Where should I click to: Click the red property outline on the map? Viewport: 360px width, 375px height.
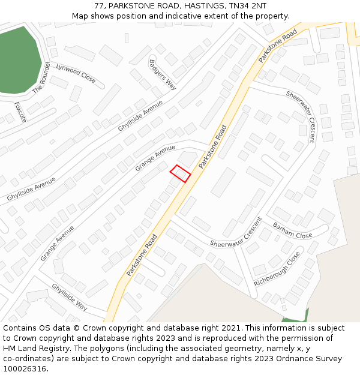click(180, 173)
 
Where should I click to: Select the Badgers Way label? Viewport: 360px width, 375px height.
click(162, 74)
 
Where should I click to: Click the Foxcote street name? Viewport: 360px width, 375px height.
click(20, 112)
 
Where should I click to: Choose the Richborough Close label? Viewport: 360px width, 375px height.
click(277, 269)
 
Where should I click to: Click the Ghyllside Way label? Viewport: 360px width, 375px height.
click(70, 296)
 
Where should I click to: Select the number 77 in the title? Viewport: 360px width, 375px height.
click(100, 6)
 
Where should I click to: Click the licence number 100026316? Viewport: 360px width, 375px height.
click(26, 369)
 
